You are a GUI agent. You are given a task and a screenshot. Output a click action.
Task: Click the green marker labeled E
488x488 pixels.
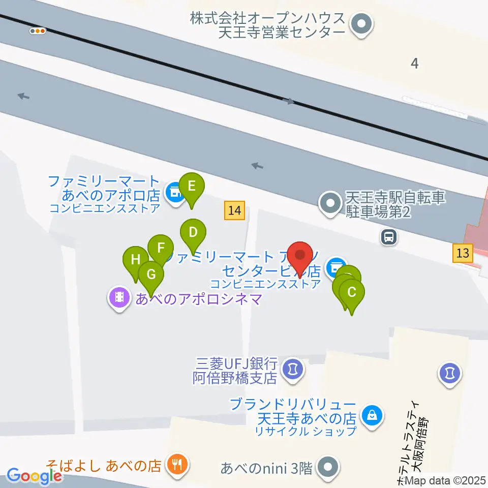(x=191, y=187)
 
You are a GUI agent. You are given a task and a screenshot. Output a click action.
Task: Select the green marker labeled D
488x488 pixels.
(x=193, y=233)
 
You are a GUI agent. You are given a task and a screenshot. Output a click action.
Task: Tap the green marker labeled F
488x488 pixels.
(x=161, y=248)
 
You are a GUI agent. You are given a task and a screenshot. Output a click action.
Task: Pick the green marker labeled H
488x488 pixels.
(x=135, y=260)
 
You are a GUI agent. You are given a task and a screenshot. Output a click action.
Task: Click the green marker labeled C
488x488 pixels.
(x=351, y=292)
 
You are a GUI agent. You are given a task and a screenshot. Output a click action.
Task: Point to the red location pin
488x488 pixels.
(x=300, y=255)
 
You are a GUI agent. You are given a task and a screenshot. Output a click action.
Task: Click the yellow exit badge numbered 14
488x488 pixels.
(x=234, y=210)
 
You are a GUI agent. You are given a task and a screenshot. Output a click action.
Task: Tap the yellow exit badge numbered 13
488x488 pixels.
(x=463, y=253)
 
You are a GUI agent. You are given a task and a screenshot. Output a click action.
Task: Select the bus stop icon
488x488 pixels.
(x=389, y=236)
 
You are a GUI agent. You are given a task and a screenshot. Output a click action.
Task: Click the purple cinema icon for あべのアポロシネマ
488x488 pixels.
(x=119, y=296)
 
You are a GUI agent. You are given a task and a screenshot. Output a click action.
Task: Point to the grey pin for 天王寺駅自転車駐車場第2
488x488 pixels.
(x=331, y=204)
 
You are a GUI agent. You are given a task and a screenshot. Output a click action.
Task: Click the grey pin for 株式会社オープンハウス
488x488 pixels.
(x=362, y=23)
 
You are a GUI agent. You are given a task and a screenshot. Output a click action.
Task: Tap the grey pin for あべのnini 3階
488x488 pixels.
(x=328, y=467)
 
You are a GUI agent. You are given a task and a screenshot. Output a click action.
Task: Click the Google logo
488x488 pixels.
(x=34, y=476)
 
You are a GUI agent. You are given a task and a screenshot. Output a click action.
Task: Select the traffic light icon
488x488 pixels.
(x=38, y=31)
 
